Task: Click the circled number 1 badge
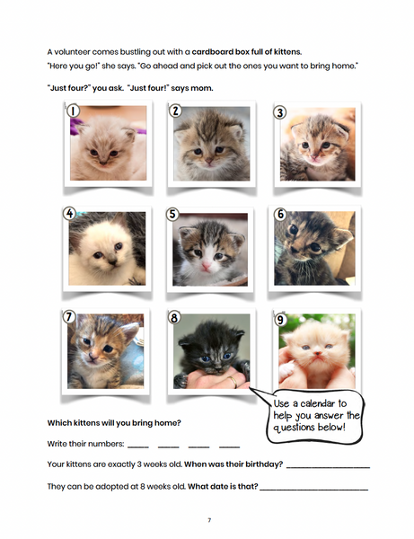pos(73,110)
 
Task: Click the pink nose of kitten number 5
pos(207,267)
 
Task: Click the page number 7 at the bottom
pos(208,520)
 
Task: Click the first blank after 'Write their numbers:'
pos(138,446)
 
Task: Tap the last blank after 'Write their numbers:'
pos(229,446)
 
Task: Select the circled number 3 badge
pos(279,112)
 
